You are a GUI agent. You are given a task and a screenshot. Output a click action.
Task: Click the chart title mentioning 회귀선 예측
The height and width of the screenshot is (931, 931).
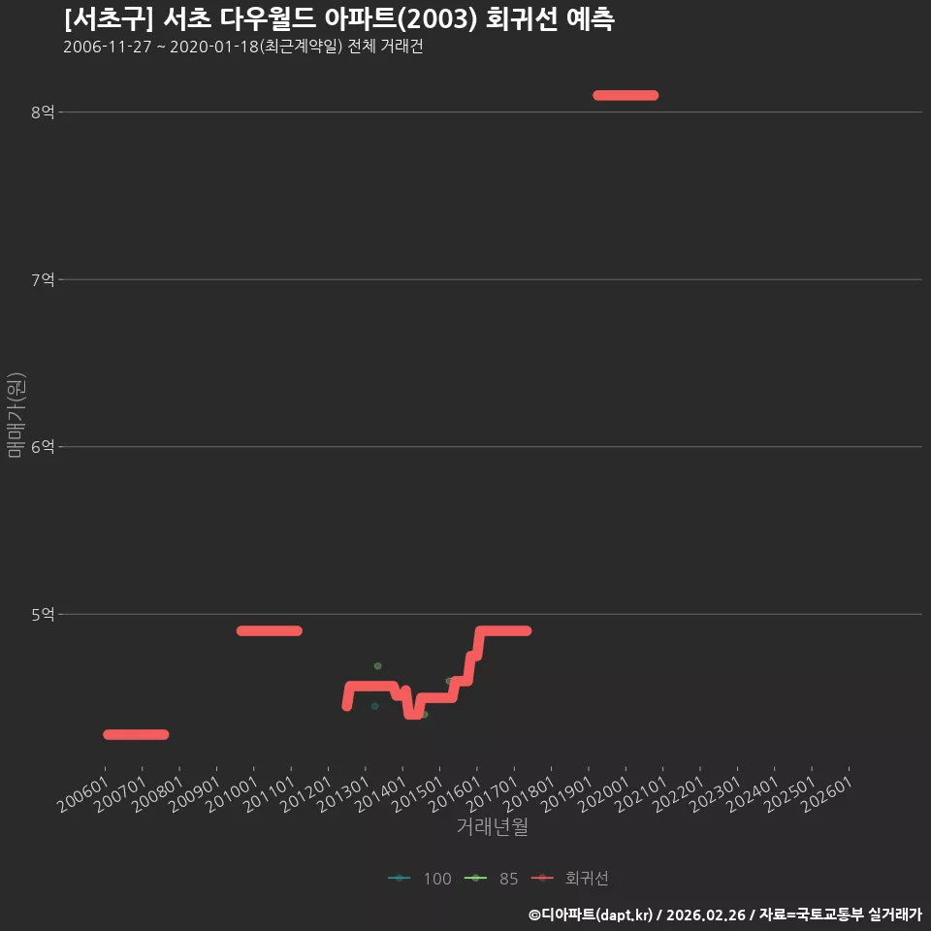coord(339,19)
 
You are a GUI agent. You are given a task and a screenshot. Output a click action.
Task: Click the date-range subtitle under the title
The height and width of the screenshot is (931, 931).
coord(242,47)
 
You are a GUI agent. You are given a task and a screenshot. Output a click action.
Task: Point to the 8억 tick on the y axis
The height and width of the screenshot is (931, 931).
coord(43,112)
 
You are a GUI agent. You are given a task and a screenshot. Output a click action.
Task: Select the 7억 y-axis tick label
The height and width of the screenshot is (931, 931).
coord(43,279)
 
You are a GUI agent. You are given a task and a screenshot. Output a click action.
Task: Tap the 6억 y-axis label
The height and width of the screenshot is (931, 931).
coord(43,446)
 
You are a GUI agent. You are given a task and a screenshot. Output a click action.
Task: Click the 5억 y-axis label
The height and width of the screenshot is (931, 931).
coord(43,614)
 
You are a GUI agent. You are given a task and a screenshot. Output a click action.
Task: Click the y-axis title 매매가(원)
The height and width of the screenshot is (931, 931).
coord(16,415)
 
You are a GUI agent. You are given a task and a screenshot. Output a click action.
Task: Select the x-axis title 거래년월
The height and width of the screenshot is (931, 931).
coord(493,826)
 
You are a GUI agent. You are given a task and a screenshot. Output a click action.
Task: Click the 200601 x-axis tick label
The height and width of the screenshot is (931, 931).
coord(83,794)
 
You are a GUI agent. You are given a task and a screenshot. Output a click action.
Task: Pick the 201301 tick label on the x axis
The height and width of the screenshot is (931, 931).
coord(343,794)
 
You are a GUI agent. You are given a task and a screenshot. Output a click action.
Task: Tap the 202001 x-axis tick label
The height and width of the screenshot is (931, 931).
coord(604,794)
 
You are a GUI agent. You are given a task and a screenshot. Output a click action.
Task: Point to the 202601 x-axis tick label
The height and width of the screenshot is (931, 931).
coord(827,794)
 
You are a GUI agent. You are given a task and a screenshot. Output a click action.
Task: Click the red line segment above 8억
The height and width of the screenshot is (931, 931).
coord(626,95)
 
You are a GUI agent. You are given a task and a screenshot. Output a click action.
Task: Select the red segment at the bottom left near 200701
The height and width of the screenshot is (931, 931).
coord(136,734)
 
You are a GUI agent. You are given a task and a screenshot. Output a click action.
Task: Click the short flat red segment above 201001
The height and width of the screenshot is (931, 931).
coord(270,630)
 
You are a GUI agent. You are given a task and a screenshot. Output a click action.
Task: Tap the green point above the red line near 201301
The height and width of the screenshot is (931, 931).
coord(377,666)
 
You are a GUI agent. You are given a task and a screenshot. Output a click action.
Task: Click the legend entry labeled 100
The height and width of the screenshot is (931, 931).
coord(420,879)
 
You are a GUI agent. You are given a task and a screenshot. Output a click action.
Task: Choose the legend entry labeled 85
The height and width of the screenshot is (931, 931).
coord(491,879)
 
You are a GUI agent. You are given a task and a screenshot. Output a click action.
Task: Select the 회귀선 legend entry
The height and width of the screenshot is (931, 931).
coord(570,879)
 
